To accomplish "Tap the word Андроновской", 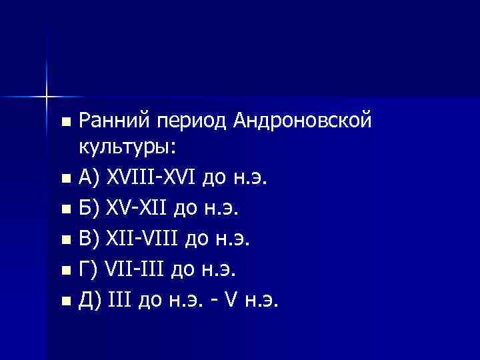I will pyautogui.click(x=302, y=121).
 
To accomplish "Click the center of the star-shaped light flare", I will pyautogui.click(x=46, y=97).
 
